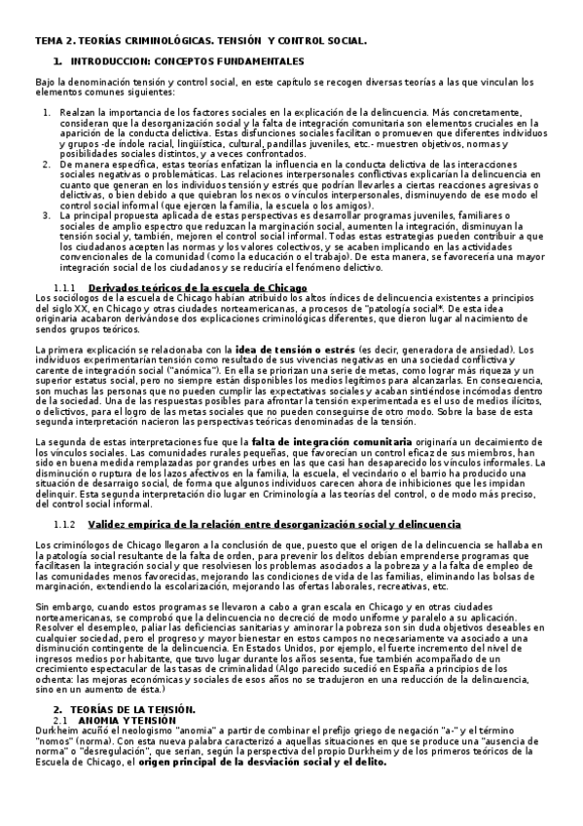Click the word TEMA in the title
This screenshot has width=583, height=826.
point(48,43)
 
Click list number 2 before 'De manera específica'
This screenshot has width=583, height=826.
point(47,165)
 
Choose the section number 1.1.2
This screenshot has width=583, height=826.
point(65,524)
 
